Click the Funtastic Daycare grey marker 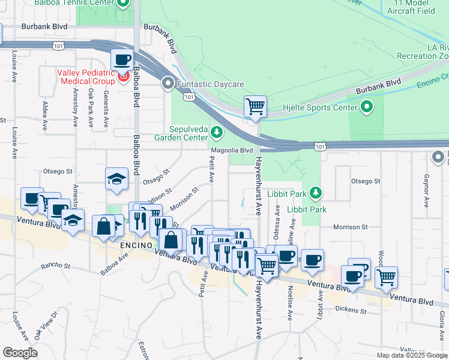coord(169,84)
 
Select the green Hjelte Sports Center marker coord(367,108)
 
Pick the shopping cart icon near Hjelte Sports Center coord(256,107)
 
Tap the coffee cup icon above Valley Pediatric coord(121,60)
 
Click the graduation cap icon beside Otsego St coord(117,178)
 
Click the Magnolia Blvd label coord(231,150)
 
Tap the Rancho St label coord(56,265)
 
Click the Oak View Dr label coord(46,325)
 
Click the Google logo coord(20,352)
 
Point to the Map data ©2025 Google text coord(412,355)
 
